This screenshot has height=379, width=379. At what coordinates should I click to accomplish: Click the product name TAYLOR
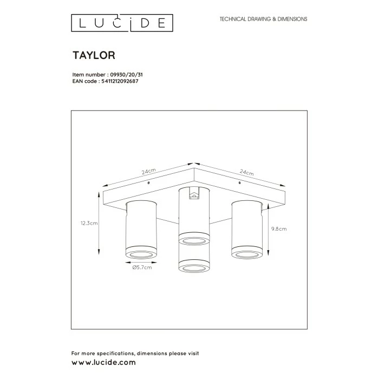click(x=93, y=55)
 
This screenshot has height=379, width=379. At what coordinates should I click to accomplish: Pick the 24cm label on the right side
click(x=246, y=173)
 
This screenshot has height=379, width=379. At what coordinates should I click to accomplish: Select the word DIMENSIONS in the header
click(x=290, y=19)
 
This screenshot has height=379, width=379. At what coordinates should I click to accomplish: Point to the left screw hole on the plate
click(x=149, y=183)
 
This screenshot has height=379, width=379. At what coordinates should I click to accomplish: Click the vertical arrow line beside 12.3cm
click(x=99, y=222)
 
